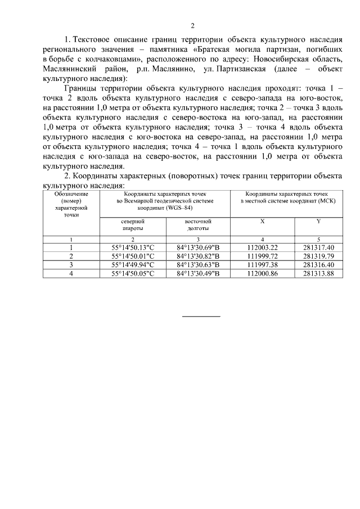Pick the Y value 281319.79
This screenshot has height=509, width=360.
click(x=318, y=256)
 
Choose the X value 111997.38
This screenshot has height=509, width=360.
click(x=263, y=265)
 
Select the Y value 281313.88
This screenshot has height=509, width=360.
click(x=318, y=274)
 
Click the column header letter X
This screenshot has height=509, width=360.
click(x=263, y=222)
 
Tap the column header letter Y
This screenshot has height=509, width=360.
click(x=318, y=222)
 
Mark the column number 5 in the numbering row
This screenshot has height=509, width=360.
click(x=318, y=240)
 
